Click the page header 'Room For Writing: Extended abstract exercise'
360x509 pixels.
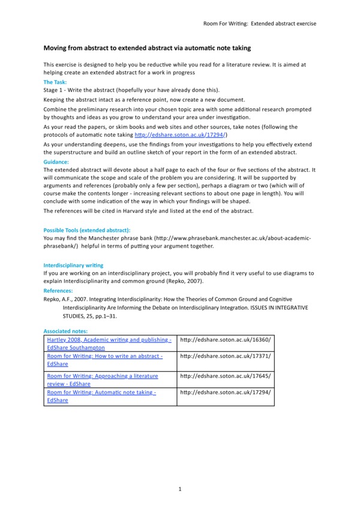[x=259, y=23]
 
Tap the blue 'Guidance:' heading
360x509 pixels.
[x=56, y=162]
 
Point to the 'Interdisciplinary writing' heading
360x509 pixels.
[x=74, y=264]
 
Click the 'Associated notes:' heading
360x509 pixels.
[x=66, y=330]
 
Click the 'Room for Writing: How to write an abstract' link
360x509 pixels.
[x=104, y=356]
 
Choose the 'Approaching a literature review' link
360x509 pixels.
[x=102, y=376]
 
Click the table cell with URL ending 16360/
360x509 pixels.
[x=225, y=339]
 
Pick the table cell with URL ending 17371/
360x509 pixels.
[x=225, y=356]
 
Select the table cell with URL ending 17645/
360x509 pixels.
[x=225, y=376]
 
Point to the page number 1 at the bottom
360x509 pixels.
[x=180, y=490]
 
